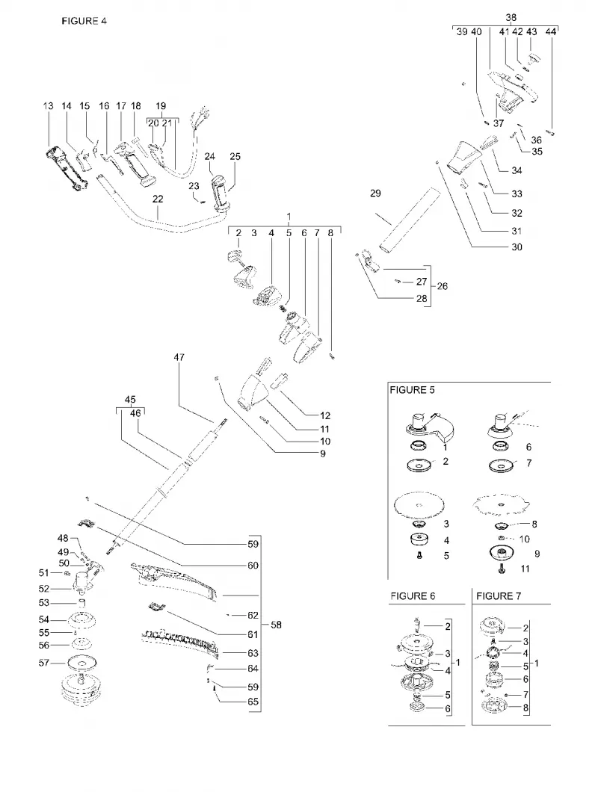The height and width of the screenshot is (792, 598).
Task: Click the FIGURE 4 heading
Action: point(84,21)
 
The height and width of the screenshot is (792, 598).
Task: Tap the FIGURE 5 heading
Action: point(412,390)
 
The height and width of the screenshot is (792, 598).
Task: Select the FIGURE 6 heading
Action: point(413,596)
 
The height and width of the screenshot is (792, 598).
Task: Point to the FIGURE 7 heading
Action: point(499,596)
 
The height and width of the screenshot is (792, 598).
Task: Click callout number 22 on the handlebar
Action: point(158,199)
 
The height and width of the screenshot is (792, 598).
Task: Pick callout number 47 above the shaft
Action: point(179,357)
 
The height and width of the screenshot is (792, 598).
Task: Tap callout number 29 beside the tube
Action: point(375,193)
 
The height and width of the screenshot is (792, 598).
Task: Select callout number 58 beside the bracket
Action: point(276,625)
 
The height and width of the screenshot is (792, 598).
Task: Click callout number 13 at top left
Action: point(48,105)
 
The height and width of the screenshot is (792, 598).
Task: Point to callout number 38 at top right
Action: point(511,17)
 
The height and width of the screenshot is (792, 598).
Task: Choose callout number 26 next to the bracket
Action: point(442,286)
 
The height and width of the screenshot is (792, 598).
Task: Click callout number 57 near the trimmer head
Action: point(45,663)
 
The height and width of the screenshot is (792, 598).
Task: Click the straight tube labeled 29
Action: point(410,219)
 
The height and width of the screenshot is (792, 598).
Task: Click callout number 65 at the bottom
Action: point(253,702)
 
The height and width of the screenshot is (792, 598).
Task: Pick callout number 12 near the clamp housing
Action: point(325,415)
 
